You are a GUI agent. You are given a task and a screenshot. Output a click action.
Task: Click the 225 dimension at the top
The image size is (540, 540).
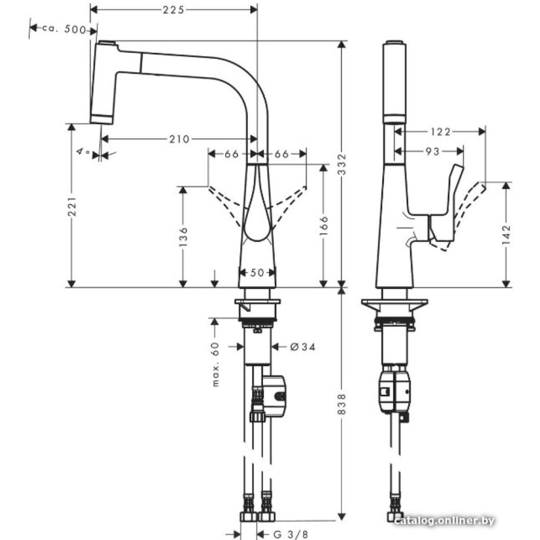pyautogui.click(x=173, y=9)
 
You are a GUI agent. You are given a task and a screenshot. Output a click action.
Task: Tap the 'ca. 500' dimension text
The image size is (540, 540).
pyautogui.click(x=64, y=29)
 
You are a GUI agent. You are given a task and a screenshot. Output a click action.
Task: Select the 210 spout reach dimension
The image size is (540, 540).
pyautogui.click(x=179, y=139)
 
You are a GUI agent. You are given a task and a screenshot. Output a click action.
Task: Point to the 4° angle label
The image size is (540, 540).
pyautogui.click(x=83, y=152)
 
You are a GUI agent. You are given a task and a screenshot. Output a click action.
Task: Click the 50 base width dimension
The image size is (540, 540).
pyautogui.click(x=256, y=273)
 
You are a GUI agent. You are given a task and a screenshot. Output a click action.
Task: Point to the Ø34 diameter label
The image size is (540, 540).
pyautogui.click(x=302, y=347)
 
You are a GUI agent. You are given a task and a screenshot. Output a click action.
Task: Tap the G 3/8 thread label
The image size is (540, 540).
pyautogui.click(x=291, y=535)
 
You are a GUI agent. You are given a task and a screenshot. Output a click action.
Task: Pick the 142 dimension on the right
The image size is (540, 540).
pyautogui.click(x=506, y=235)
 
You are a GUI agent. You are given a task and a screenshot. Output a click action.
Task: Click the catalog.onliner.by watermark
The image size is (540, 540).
pyautogui.click(x=444, y=521)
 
